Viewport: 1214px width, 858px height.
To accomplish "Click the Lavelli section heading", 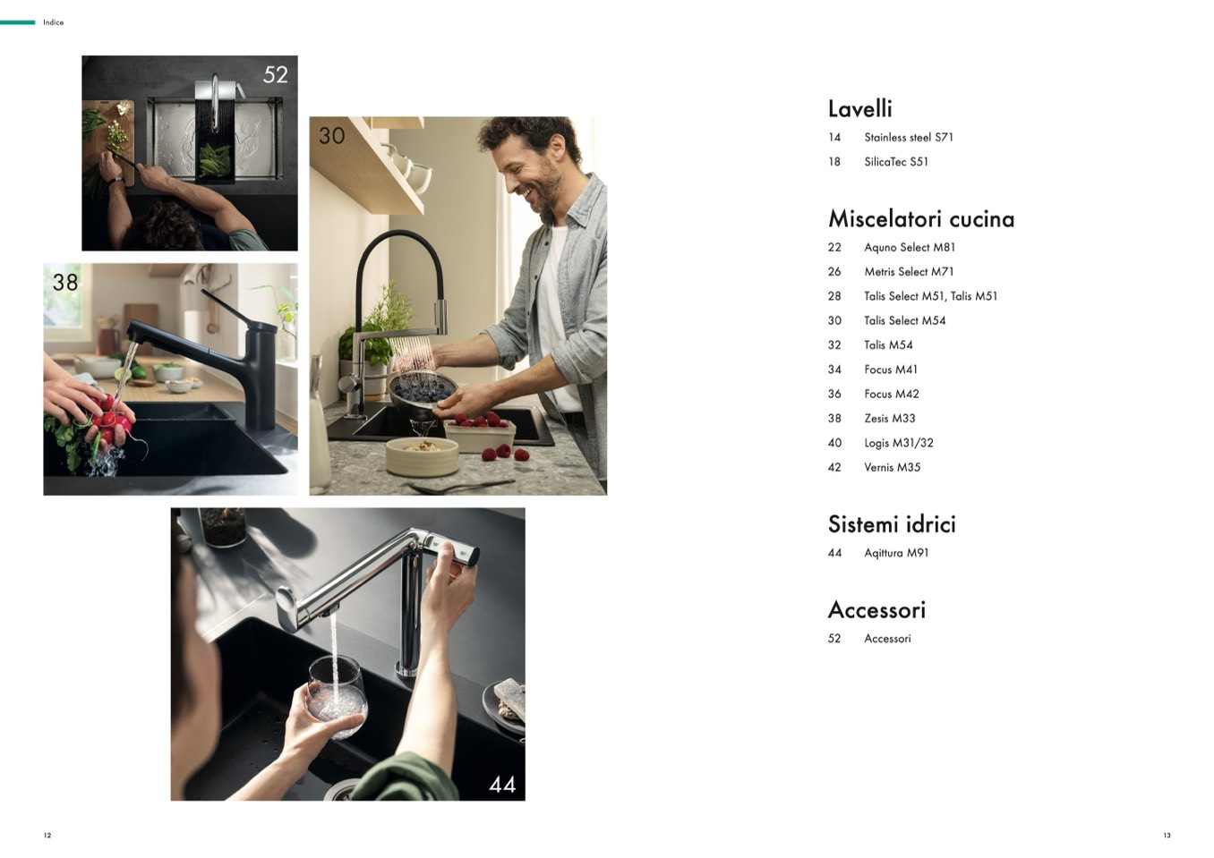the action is coord(859,109).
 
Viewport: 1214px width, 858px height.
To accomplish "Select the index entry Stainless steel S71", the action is coord(909,138).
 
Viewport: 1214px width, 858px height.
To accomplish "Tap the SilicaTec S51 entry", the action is coord(896,162).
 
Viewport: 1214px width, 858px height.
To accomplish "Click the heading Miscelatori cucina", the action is coord(921,219).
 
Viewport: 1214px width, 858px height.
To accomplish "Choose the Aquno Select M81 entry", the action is coord(910,248).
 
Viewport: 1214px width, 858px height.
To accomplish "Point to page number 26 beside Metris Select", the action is coord(834,272).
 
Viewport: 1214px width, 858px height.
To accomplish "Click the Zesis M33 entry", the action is coord(889,419).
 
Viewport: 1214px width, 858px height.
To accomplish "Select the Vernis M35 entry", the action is coord(892,467).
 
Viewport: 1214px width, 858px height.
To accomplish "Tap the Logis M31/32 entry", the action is coord(899,443).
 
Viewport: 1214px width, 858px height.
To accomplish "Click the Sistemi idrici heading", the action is coord(892,524).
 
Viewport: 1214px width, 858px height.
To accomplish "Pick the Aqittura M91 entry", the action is coord(896,553).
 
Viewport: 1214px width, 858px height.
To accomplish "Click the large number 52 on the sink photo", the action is coord(276,75).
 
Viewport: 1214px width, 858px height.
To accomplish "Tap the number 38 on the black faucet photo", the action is coord(65,282).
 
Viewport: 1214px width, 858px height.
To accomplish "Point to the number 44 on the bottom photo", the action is coord(502,785).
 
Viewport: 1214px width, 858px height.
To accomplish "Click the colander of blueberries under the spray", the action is coord(423,392).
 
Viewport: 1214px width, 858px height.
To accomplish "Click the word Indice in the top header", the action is coord(54,22).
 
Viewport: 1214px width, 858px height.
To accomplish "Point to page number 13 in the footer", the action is coord(1167,836).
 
